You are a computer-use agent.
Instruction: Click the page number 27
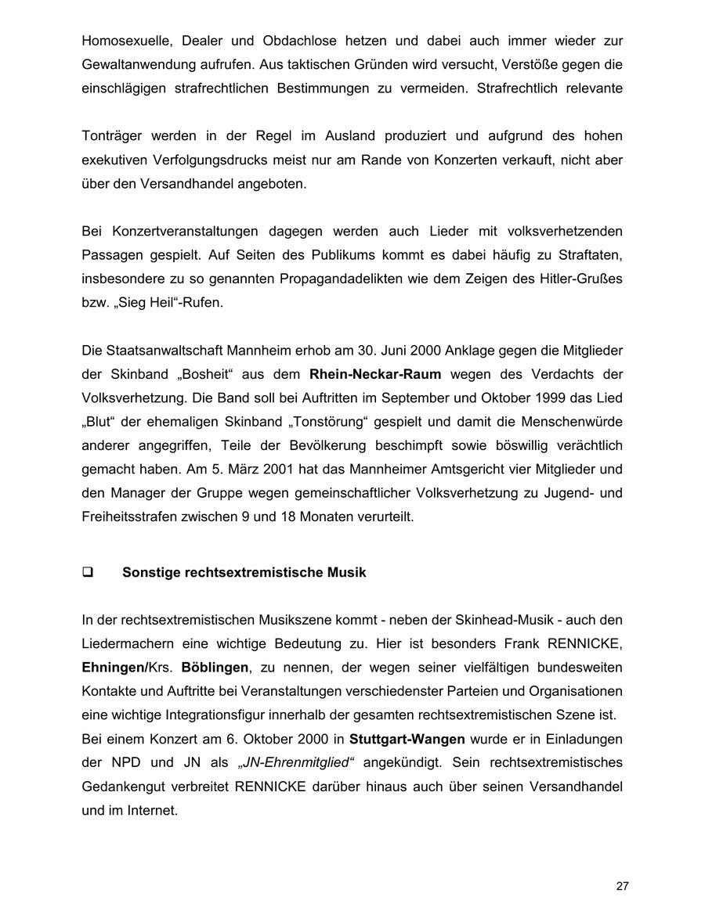pos(622,886)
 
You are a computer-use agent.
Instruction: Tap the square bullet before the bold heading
pos(88,572)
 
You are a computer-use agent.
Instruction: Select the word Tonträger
pos(112,136)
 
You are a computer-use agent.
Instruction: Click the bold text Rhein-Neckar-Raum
pos(375,374)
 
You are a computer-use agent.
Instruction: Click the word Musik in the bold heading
pos(347,572)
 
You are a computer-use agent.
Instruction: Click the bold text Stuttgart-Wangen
pos(407,739)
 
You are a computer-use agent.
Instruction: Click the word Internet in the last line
pos(153,811)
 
